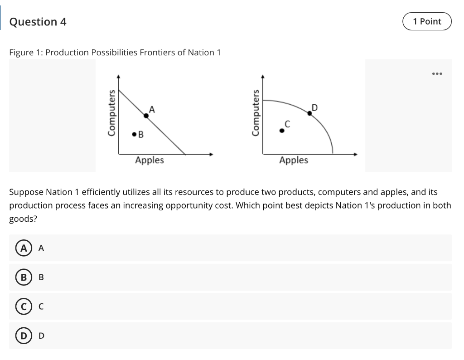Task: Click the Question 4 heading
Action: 38,22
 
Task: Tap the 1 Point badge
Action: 427,21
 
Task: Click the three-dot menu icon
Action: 437,73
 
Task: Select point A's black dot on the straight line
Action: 146,116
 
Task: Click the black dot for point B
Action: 134,134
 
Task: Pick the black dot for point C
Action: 281,131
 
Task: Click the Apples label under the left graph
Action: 150,160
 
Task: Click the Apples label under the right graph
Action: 294,160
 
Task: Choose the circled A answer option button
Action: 21,248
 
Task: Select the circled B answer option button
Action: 21,277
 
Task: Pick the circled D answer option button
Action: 21,336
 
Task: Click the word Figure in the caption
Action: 22,53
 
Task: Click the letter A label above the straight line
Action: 152,109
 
